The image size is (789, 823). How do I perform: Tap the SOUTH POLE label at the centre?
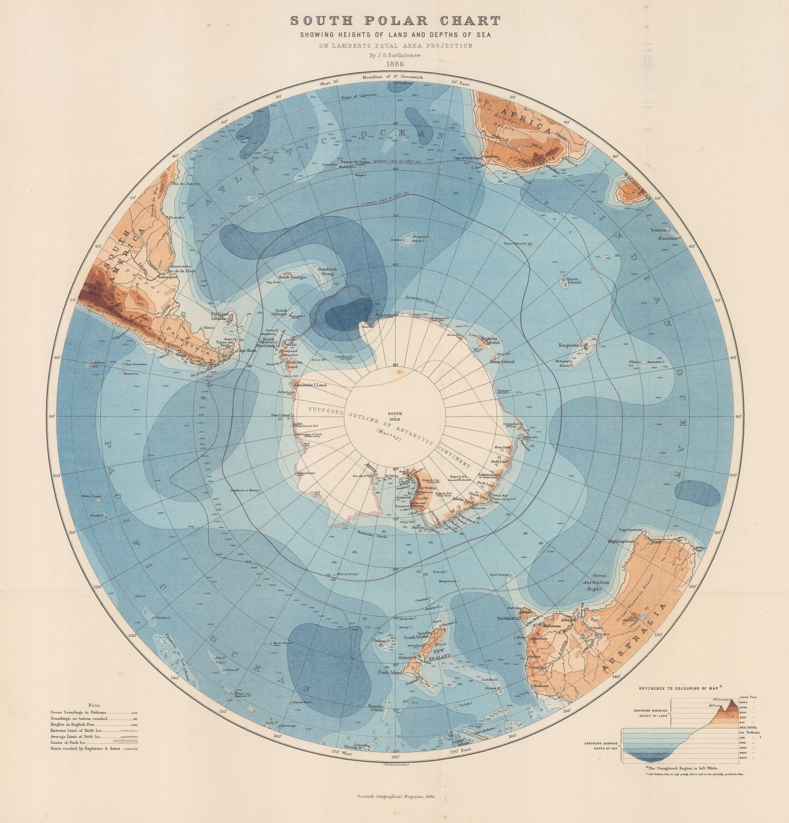395,416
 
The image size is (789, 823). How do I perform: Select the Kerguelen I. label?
570,345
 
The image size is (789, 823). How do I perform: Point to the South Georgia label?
292,277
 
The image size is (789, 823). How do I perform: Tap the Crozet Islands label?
573,281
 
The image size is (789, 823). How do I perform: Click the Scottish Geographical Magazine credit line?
397,797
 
